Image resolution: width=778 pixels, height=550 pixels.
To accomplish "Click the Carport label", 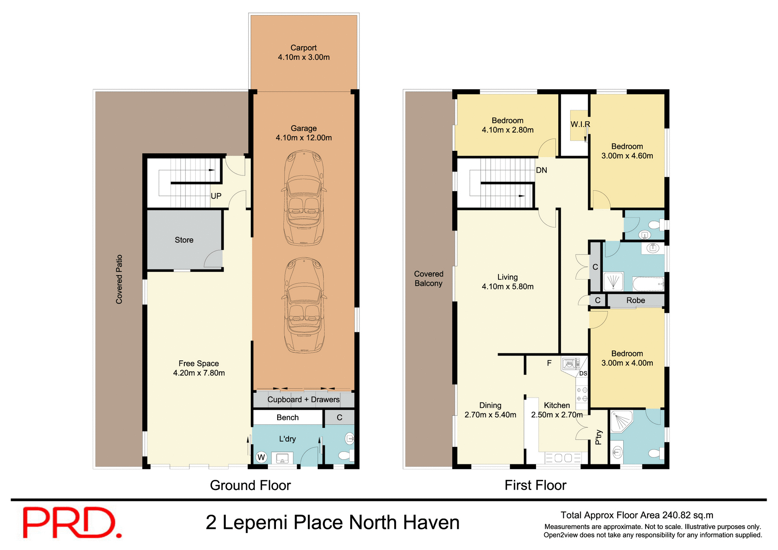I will click(304, 48).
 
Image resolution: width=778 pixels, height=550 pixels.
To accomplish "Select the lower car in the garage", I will click(304, 305).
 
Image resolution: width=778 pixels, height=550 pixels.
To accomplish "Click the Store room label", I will click(184, 240).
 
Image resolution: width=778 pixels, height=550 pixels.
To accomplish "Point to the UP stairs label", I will click(216, 196).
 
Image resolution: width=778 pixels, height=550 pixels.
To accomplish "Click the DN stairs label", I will click(541, 170).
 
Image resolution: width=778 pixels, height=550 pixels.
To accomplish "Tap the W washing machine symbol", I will click(261, 457).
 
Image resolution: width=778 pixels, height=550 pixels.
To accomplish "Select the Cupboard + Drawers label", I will click(304, 400).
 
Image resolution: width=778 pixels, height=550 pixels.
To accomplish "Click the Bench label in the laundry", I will click(288, 417).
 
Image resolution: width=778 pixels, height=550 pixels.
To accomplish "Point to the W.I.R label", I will click(580, 124).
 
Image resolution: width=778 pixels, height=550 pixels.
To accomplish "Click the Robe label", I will click(635, 300).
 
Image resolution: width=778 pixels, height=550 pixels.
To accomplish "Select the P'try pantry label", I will click(598, 437).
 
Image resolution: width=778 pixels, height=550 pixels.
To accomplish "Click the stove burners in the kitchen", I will click(582, 394).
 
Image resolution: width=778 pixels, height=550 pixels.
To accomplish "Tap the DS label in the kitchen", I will click(583, 373).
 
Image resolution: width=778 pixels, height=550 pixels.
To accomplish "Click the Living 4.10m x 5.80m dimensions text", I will click(507, 287).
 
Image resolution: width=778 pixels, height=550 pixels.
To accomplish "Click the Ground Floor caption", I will click(250, 485).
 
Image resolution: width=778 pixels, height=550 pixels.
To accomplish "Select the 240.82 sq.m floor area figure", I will click(687, 515).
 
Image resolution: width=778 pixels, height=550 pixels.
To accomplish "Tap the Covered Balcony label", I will click(429, 279).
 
